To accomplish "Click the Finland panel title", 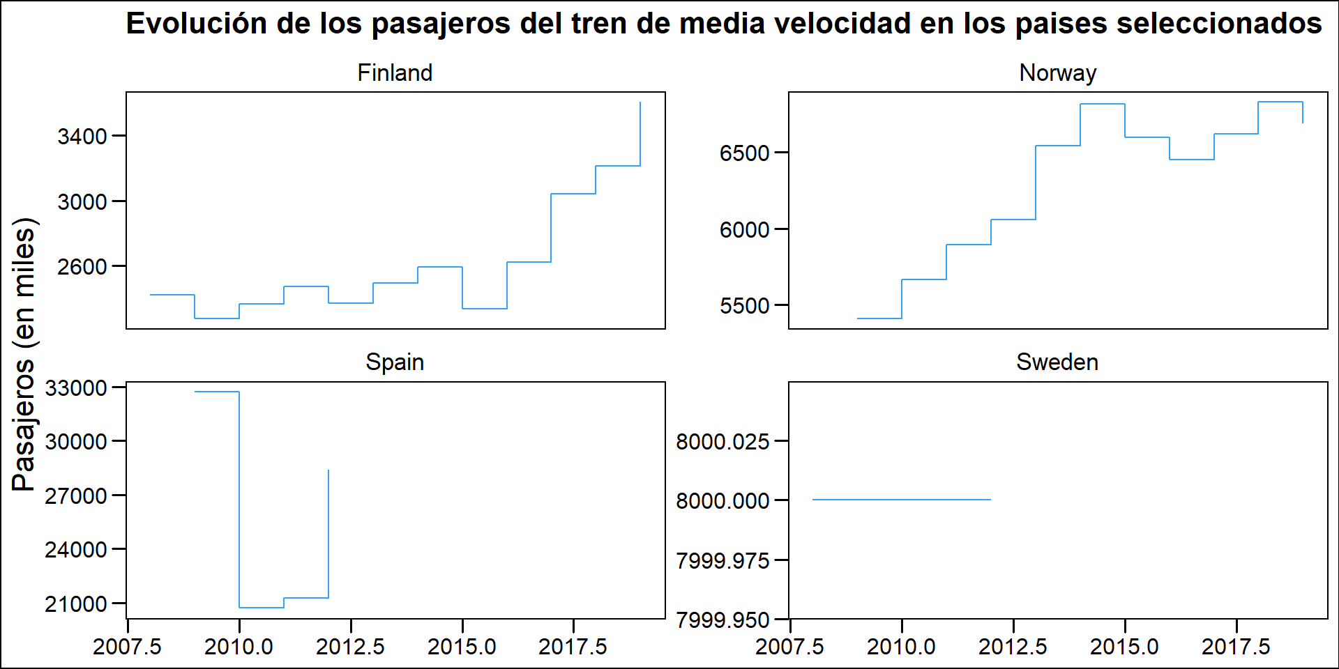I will click(x=395, y=73).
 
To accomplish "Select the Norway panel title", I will click(x=1057, y=73).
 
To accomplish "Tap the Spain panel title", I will click(x=395, y=362).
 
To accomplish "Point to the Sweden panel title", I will click(x=1057, y=362).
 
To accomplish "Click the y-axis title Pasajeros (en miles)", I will click(x=24, y=354).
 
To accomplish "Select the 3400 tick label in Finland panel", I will click(x=82, y=137).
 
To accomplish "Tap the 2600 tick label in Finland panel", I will click(x=82, y=267).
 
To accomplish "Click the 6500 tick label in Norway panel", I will click(x=745, y=153).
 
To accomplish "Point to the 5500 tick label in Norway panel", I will click(x=745, y=306).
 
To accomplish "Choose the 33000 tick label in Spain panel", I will click(x=76, y=388).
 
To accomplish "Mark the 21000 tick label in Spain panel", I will click(x=76, y=604).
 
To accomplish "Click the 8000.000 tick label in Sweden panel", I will click(x=723, y=501).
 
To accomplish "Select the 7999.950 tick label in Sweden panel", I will click(x=723, y=620).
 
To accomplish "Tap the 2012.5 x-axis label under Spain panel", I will click(x=350, y=647).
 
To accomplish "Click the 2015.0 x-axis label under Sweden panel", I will click(x=1124, y=647).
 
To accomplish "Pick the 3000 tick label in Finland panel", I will click(x=82, y=202).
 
